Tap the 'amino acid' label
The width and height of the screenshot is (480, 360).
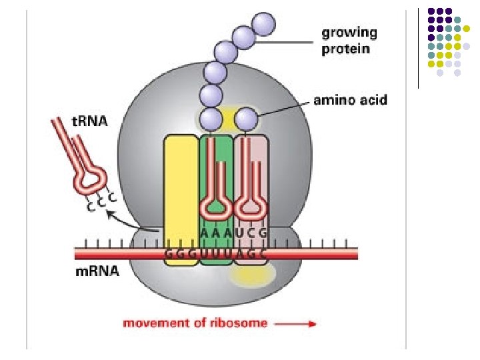[x=350, y=101]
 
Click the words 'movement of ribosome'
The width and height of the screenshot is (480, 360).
[x=195, y=323]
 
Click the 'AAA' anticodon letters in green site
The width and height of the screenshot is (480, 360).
[x=216, y=233]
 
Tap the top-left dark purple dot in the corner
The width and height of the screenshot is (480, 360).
[x=431, y=12]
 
